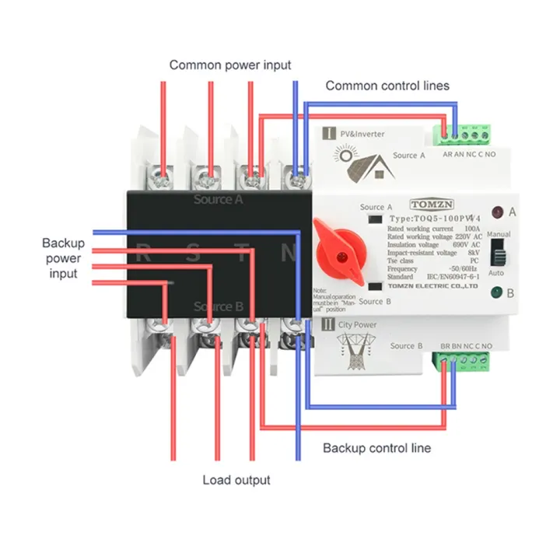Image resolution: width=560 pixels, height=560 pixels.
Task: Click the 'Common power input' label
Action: point(230,65)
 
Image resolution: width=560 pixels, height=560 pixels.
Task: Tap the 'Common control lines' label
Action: point(387,86)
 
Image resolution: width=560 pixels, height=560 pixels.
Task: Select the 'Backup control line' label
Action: point(376,448)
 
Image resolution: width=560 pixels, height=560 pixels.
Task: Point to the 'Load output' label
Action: point(236,480)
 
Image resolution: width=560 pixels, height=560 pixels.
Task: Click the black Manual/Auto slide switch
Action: point(498,254)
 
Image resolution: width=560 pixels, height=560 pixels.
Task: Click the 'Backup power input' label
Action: point(63,258)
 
